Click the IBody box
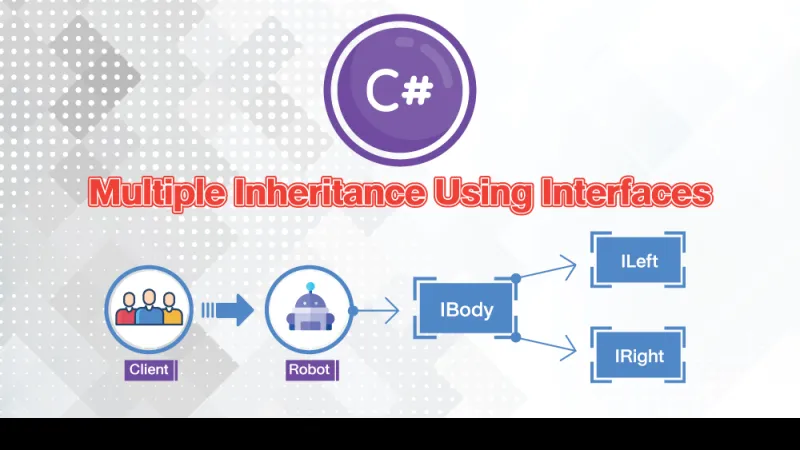[466, 309]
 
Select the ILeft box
[638, 262]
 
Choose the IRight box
[638, 355]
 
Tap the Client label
[150, 370]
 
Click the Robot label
[309, 370]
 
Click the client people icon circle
[148, 309]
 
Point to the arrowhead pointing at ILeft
[570, 264]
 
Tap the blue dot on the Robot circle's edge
[352, 310]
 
